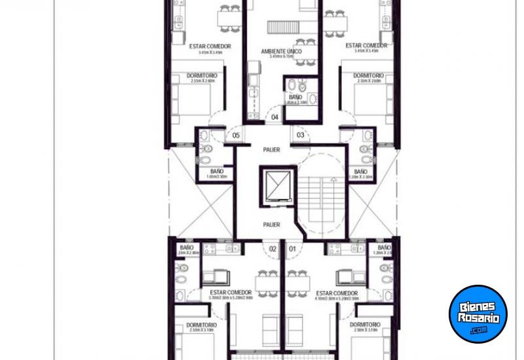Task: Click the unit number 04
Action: tap(275, 118)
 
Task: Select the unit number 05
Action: tap(236, 136)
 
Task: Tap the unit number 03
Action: tap(301, 135)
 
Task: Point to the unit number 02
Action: tap(272, 249)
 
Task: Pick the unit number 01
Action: tap(292, 249)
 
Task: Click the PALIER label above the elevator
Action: tap(271, 150)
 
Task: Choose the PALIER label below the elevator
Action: tap(271, 225)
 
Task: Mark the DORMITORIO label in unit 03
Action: tap(368, 75)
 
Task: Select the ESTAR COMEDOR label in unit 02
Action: tap(231, 293)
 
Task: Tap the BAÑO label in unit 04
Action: tap(296, 97)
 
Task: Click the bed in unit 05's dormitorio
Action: tap(194, 99)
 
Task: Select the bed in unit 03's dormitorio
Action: tap(371, 99)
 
